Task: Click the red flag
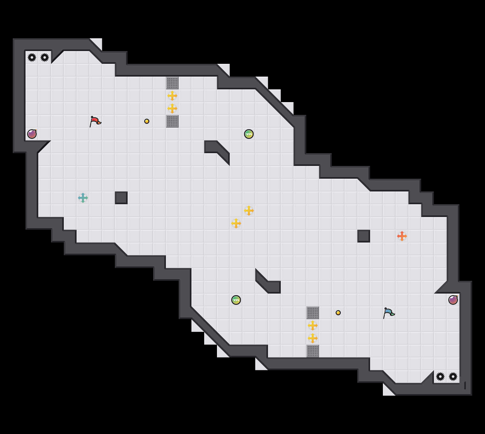tap(95, 121)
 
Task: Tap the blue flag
tap(389, 313)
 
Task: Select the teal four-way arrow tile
tap(83, 198)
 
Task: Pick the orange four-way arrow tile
tap(402, 236)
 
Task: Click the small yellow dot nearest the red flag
tap(147, 121)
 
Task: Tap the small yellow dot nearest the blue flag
tap(338, 313)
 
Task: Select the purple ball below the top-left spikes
tap(32, 134)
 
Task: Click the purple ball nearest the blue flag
tap(453, 300)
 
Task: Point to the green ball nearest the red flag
tap(249, 134)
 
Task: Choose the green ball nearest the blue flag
tap(236, 300)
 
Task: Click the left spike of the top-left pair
tap(32, 57)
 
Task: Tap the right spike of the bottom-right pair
tap(453, 377)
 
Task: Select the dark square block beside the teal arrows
tap(121, 198)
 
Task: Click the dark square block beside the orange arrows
tap(364, 236)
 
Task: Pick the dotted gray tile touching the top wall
tap(172, 83)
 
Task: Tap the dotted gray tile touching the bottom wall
tap(313, 351)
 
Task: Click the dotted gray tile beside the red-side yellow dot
tap(172, 121)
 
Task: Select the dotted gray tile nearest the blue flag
tap(313, 313)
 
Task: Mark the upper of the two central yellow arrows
tap(249, 211)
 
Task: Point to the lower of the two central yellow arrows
tap(236, 223)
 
